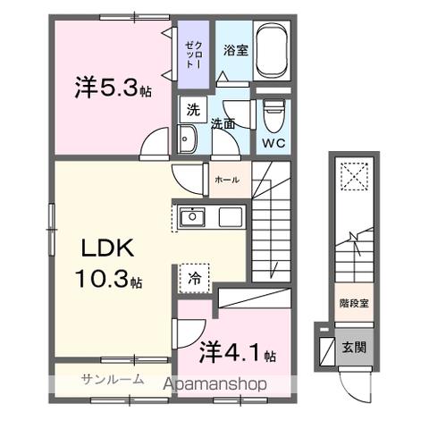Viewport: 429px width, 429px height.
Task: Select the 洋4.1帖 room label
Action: coord(238,351)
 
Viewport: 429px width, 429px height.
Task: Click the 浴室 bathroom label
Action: coord(234,49)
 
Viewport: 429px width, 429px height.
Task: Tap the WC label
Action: coord(273,142)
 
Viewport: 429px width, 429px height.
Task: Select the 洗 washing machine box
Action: coord(192,111)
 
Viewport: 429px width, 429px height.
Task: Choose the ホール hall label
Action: coord(226,180)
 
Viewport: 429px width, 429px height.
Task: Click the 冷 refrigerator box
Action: coord(194,278)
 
